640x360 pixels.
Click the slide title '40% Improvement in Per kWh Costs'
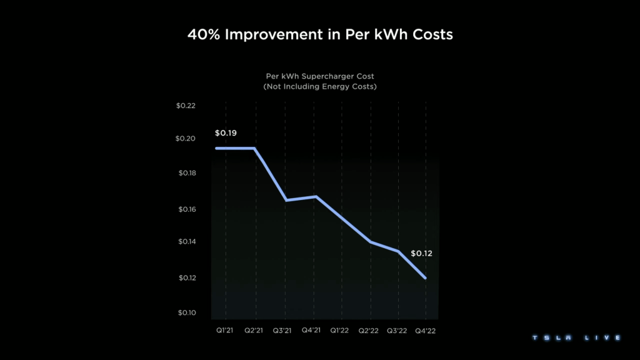coord(320,34)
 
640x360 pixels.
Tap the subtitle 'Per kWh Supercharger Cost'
coord(320,76)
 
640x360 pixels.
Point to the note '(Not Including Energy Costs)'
coord(320,86)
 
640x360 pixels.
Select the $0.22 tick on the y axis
coord(186,106)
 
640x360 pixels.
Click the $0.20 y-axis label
coord(186,139)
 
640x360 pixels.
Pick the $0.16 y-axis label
coord(186,209)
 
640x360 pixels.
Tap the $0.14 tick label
coord(186,242)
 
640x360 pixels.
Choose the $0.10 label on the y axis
coord(186,312)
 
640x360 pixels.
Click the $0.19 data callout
coord(226,133)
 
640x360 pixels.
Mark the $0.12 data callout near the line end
coord(422,254)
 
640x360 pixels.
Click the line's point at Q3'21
coord(286,200)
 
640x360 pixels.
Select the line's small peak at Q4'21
coord(316,196)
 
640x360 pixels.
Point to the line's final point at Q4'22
coord(426,278)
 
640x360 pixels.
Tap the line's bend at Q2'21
coord(254,148)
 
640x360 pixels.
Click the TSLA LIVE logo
coord(576,337)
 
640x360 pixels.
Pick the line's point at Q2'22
coord(371,242)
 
